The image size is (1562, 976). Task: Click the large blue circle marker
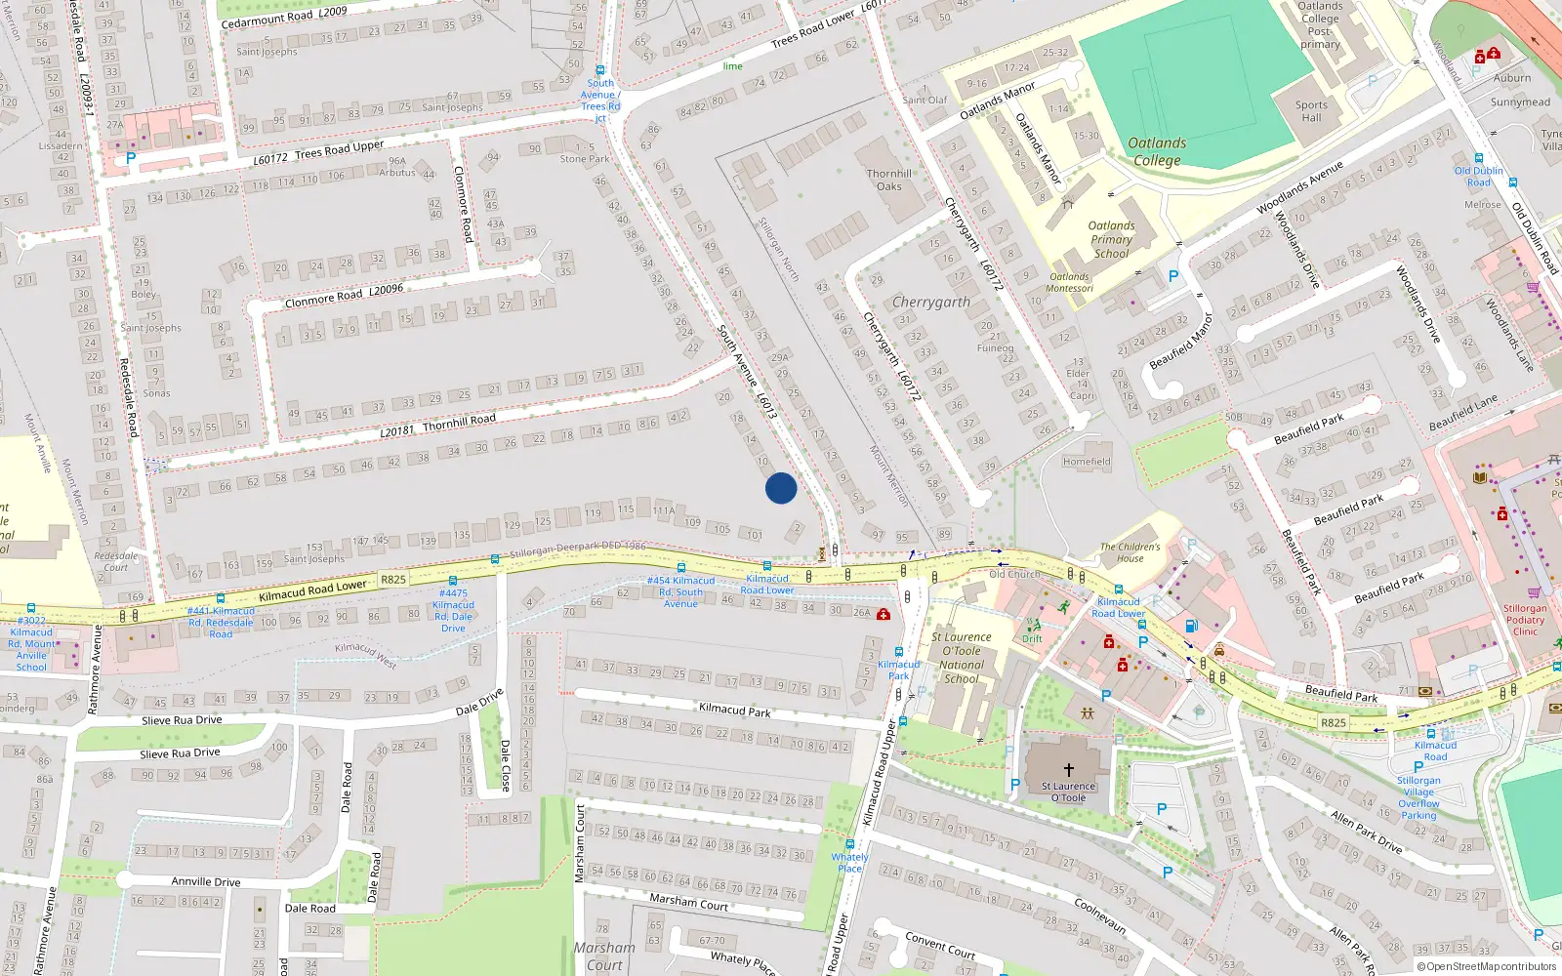pos(780,488)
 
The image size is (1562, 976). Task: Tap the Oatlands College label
pos(1157,151)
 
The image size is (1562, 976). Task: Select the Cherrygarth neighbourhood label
pos(931,303)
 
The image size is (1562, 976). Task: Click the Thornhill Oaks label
pos(889,180)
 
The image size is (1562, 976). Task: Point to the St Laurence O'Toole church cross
pos(1068,770)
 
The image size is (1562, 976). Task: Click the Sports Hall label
pos(1311,111)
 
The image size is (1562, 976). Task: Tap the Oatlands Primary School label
pos(1111,239)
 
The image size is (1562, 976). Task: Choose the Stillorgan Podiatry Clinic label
pos(1525,620)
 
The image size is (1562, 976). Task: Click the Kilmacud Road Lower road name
pos(312,590)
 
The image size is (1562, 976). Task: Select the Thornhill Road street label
pos(459,422)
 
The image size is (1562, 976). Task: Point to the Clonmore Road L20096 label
pos(344,295)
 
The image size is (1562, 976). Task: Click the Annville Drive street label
pos(205,881)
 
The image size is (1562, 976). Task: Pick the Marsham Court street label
pos(688,902)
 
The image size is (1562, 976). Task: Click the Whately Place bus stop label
pos(849,863)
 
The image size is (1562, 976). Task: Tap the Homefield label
pos(1087,462)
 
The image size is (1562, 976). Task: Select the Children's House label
pos(1130,552)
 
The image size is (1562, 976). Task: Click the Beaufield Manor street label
pos(1180,342)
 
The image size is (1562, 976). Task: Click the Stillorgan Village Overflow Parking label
pos(1418,797)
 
